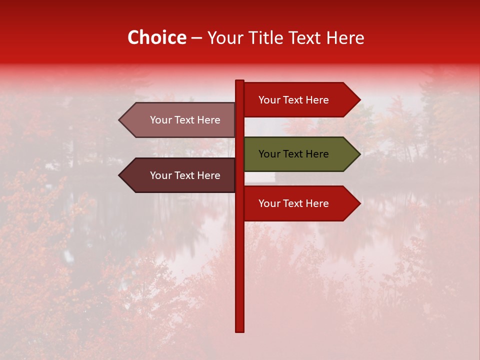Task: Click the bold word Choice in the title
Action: coord(156,38)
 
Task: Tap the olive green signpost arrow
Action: coord(295,154)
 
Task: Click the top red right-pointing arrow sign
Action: coord(295,99)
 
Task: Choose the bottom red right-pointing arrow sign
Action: coord(295,203)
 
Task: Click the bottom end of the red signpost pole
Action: coord(239,329)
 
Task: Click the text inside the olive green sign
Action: coord(293,154)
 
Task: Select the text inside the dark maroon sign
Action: coord(185,175)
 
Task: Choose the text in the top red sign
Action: coord(293,100)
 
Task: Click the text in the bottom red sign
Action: coord(293,203)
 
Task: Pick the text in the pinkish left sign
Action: coord(185,120)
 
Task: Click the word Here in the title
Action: coord(345,38)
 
